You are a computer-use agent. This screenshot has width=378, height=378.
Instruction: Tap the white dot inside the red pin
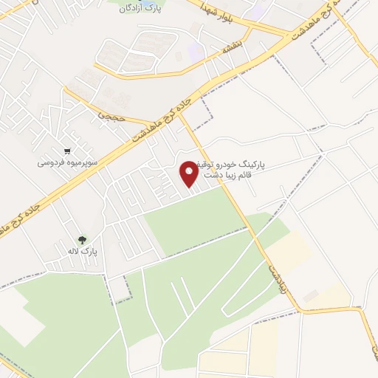[x=190, y=170]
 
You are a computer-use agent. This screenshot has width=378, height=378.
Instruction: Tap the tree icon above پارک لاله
[x=82, y=239]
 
